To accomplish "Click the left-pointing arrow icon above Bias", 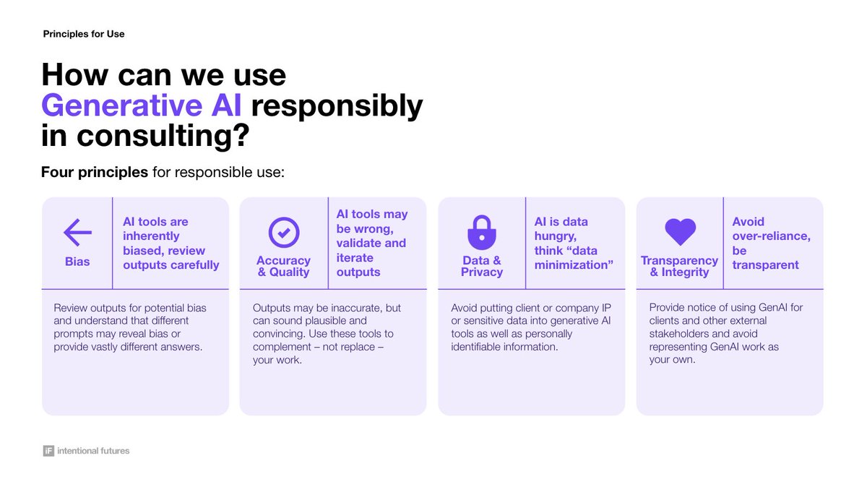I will point(77,233).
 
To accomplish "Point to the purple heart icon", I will point(679,232).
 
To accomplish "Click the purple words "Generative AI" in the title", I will point(142,105).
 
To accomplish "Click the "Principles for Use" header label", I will point(84,34).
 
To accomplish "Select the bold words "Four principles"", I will point(95,173).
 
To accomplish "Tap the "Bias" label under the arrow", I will point(77,261).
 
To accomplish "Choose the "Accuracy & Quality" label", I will point(283,266).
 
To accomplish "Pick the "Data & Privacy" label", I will point(482,266).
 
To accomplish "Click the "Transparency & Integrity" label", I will point(679,266).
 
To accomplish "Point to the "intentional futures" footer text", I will point(93,451).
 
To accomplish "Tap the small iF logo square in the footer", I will point(48,451).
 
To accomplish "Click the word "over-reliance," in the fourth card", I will point(771,236).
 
